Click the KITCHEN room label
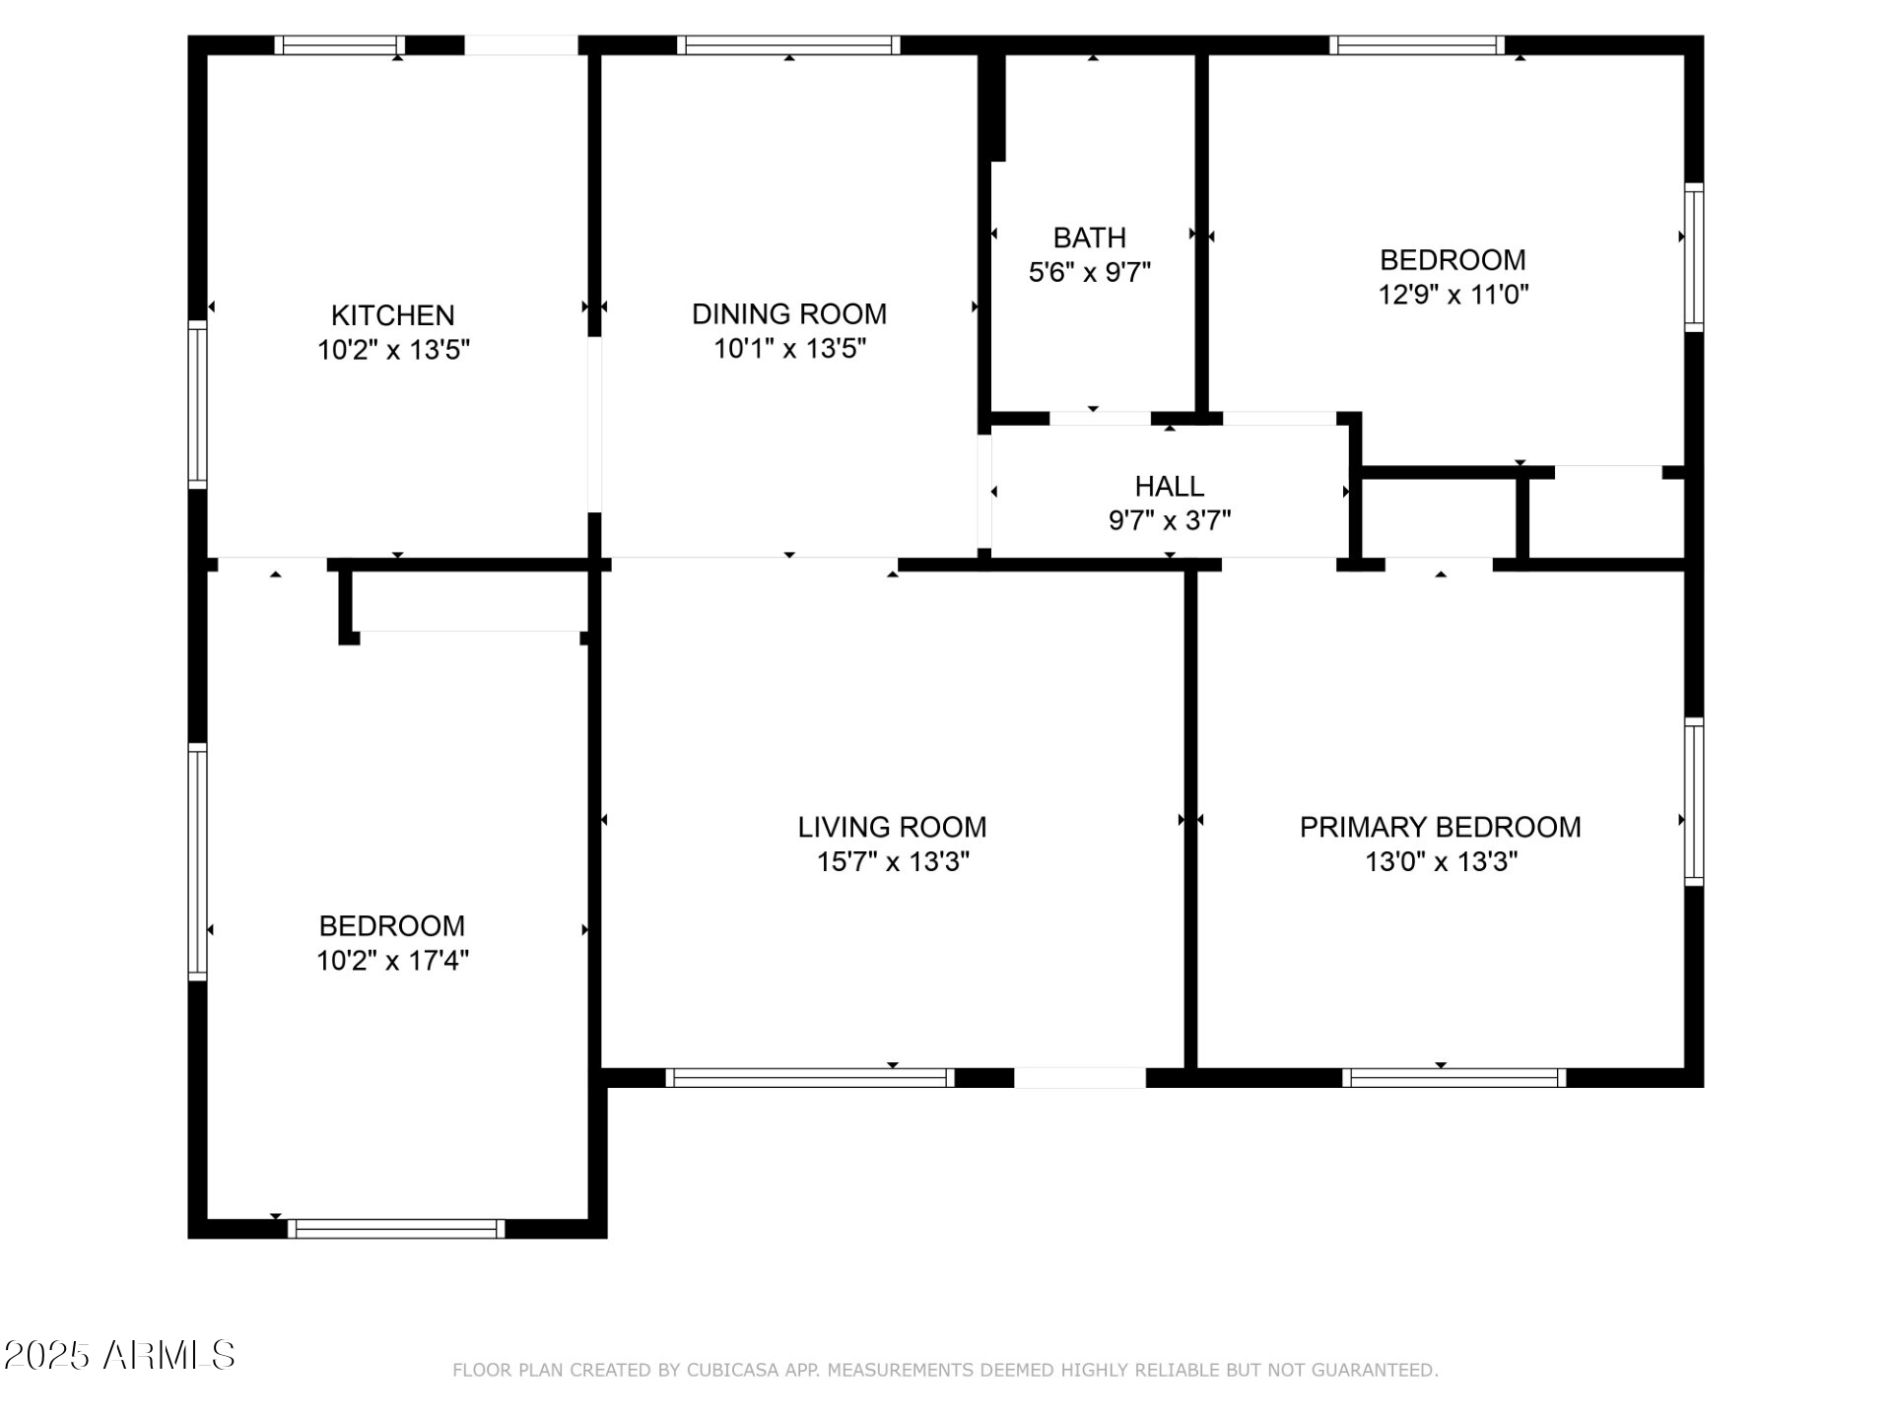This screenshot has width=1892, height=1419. click(x=392, y=315)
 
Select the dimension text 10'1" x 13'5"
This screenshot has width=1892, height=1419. click(x=789, y=349)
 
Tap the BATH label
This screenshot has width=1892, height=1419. click(x=1089, y=237)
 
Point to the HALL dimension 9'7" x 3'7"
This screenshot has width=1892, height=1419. click(x=1170, y=520)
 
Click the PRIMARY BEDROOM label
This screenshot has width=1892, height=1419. click(x=1440, y=828)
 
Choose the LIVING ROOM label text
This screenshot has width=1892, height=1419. click(x=892, y=828)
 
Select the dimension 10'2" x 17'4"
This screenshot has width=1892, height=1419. click(x=392, y=961)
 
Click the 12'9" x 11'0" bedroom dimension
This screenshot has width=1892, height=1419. click(x=1453, y=295)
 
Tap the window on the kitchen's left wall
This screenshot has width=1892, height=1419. click(x=198, y=404)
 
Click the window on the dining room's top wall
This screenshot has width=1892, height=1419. click(x=788, y=45)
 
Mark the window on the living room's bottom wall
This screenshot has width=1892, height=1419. click(x=810, y=1078)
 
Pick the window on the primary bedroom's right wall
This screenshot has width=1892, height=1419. click(x=1693, y=801)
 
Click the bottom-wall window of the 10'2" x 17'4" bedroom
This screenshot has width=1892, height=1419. click(x=396, y=1229)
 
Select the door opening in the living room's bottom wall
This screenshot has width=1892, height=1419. click(x=1080, y=1078)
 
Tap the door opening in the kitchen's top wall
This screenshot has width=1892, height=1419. click(x=520, y=45)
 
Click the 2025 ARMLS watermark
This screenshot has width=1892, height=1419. click(x=119, y=1356)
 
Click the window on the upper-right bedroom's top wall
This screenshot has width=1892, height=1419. click(x=1416, y=45)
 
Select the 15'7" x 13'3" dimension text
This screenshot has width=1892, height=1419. click(x=893, y=862)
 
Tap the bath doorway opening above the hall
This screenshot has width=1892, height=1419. click(x=1100, y=419)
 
